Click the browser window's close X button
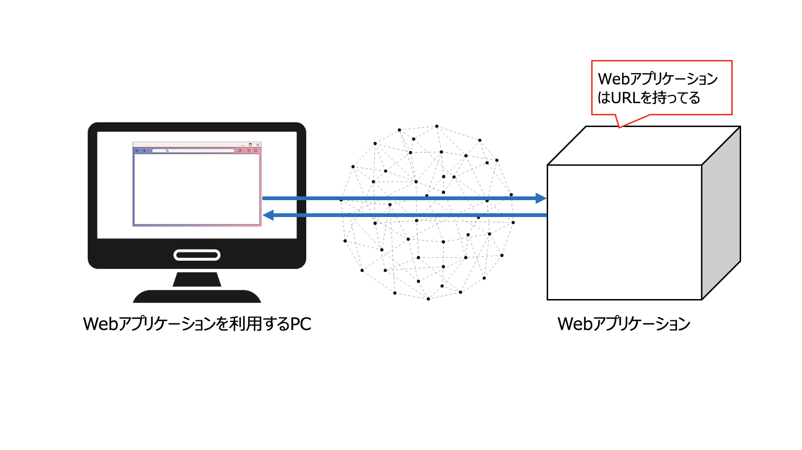[258, 145]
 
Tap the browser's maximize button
[250, 144]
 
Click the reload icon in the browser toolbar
[240, 151]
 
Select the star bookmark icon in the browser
[256, 151]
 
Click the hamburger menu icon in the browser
[249, 151]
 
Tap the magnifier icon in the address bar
[167, 151]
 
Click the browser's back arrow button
[137, 151]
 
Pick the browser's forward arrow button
[144, 151]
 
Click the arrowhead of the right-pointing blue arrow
[541, 198]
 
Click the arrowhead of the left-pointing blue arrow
[268, 215]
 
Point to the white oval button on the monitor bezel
[197, 255]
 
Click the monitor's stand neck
[197, 279]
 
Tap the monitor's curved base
[197, 297]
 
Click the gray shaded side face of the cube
[721, 213]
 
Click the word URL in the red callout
[625, 98]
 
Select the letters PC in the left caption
[301, 324]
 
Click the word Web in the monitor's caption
[100, 324]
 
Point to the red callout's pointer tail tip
[620, 127]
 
